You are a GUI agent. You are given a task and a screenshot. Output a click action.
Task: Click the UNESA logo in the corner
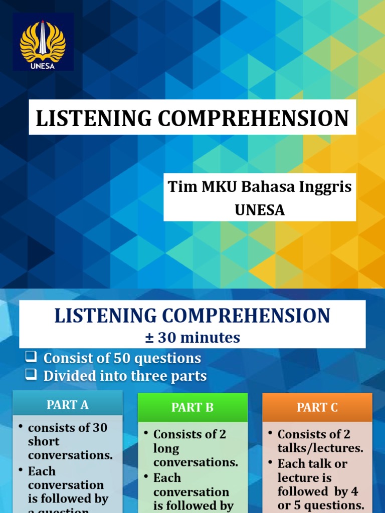[43, 42]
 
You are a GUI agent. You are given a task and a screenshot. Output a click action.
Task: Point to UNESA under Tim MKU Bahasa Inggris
[260, 210]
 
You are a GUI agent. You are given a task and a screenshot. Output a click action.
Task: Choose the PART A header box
[67, 405]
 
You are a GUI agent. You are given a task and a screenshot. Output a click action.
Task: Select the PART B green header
[192, 407]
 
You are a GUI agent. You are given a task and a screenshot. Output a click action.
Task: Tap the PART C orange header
[317, 407]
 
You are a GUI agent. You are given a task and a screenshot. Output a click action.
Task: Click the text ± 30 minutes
[192, 338]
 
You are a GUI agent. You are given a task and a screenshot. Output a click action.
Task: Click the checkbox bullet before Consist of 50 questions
[32, 357]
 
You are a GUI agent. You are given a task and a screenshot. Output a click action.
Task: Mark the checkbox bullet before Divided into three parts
[32, 375]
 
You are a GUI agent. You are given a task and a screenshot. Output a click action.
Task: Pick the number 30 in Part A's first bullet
[100, 427]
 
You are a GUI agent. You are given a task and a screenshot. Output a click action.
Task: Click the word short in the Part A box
[44, 441]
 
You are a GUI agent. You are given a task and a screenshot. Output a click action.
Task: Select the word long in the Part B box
[166, 448]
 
